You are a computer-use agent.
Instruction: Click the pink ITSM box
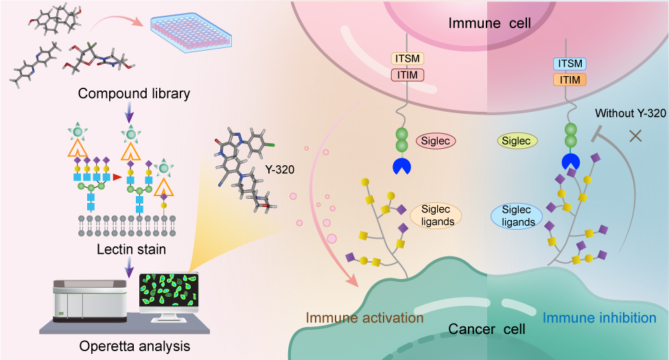pyautogui.click(x=408, y=59)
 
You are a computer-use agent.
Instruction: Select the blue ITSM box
pyautogui.click(x=569, y=64)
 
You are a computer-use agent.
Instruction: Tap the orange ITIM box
pyautogui.click(x=569, y=80)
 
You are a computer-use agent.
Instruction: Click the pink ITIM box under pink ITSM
pyautogui.click(x=408, y=75)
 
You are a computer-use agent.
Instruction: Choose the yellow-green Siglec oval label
pyautogui.click(x=517, y=141)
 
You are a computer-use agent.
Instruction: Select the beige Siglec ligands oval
pyautogui.click(x=436, y=215)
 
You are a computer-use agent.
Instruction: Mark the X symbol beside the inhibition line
pyautogui.click(x=635, y=136)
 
